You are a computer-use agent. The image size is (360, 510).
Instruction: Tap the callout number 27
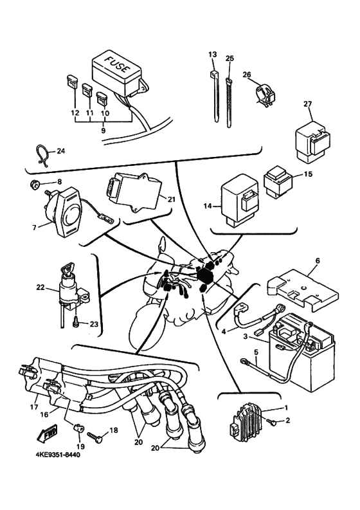(308, 104)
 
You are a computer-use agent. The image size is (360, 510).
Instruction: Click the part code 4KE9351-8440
(58, 455)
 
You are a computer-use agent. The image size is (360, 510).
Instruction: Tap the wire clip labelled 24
(41, 154)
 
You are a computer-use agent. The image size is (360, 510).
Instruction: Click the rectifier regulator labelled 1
(244, 420)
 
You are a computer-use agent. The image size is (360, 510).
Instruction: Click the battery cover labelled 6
(302, 289)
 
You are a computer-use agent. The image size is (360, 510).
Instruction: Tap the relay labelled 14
(240, 201)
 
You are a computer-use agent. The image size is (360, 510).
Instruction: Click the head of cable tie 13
(214, 74)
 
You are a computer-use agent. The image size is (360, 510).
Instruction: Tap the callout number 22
(40, 287)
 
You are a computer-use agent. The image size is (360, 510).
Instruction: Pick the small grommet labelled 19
(77, 427)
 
